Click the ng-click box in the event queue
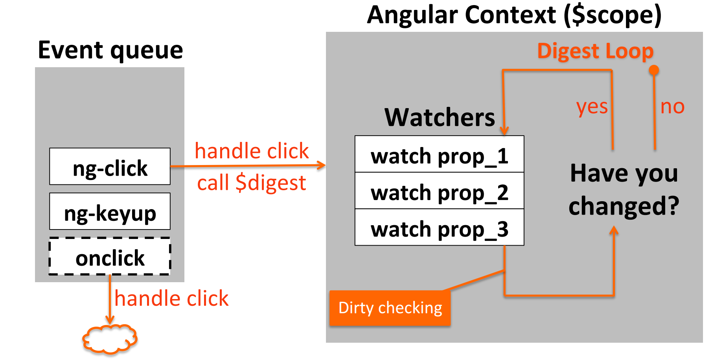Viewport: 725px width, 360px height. (110, 166)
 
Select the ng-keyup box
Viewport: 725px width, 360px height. (110, 211)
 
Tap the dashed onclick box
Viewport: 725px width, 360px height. (110, 256)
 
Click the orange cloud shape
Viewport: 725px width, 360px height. (110, 339)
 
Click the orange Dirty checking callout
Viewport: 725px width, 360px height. (390, 308)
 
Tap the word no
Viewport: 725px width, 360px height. (672, 107)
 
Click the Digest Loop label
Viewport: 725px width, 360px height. (595, 51)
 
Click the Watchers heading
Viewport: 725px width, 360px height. (440, 117)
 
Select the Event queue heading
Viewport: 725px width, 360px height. (110, 50)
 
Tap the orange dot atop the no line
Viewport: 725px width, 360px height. (654, 70)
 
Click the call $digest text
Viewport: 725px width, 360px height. (251, 183)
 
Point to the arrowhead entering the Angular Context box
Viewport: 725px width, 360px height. (322, 165)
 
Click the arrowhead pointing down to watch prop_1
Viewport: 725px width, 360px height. (504, 131)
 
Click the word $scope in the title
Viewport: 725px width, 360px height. (613, 15)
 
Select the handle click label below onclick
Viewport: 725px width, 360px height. (171, 299)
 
